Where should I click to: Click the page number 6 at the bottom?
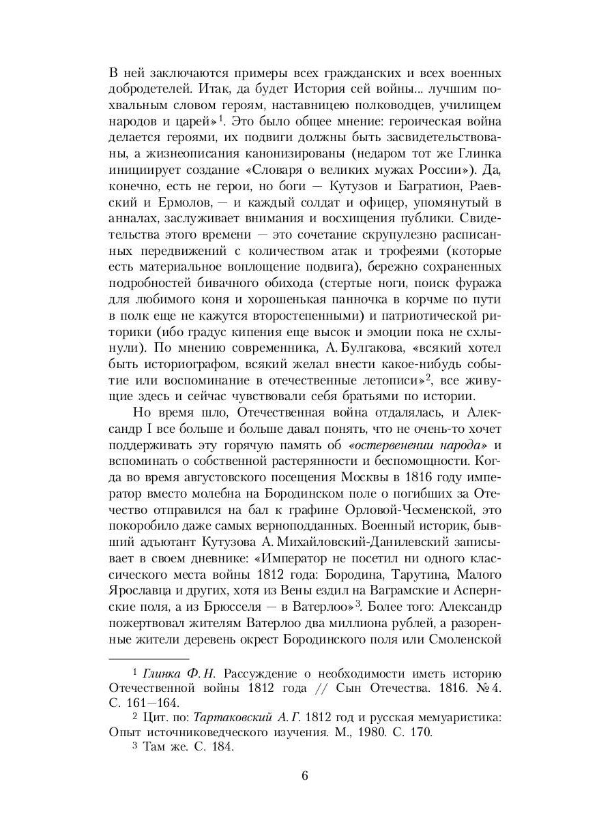306,776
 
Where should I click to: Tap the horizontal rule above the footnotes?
149,659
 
